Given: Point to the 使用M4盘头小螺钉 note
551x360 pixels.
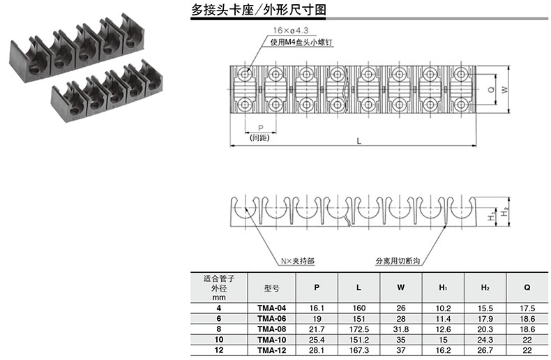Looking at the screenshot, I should pos(301,43).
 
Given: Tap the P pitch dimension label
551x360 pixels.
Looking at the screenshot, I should pos(259,128).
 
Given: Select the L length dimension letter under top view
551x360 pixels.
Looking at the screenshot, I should pos(358,141).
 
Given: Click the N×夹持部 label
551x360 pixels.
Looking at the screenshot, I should pos(297,261).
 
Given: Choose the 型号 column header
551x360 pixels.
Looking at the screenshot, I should pos(272,287).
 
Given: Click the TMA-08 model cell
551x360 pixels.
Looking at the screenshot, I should pos(272,329).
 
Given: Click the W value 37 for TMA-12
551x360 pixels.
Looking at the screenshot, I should pos(401,350).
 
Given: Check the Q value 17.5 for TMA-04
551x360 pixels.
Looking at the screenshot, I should pos(527,308).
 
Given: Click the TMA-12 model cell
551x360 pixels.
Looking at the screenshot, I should pos(272,350).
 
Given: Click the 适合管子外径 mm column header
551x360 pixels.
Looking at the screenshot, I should pos(220,287).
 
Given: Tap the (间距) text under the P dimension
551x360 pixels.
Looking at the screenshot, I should pos(259,138).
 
